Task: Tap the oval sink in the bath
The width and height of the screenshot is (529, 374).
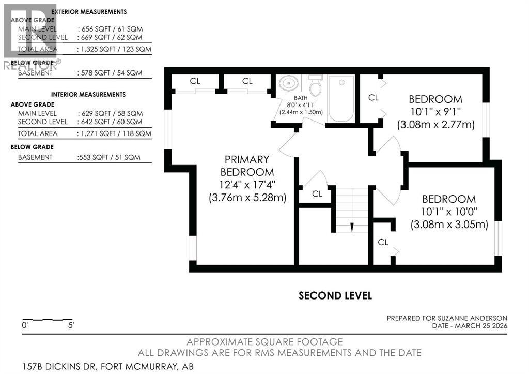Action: (289, 83)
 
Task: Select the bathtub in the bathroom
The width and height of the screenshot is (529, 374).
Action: (341, 98)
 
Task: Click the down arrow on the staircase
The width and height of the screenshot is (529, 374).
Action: (351, 227)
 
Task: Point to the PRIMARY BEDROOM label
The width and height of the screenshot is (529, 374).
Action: (247, 166)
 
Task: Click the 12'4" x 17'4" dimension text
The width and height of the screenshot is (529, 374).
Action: (247, 185)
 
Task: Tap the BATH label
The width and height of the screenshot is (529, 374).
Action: (301, 98)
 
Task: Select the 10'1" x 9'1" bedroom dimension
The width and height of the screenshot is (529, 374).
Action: (435, 112)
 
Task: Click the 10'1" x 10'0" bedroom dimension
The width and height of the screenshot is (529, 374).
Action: (449, 212)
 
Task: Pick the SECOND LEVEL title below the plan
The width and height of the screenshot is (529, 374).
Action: (335, 296)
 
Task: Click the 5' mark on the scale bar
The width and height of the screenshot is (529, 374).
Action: (71, 325)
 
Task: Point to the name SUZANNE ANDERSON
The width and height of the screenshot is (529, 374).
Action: (472, 318)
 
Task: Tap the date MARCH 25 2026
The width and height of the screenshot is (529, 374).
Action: (481, 326)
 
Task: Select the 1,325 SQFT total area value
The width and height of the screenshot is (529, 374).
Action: (96, 49)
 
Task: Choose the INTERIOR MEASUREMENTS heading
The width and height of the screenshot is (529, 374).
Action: (88, 95)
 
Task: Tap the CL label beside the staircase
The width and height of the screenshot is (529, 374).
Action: (317, 194)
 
